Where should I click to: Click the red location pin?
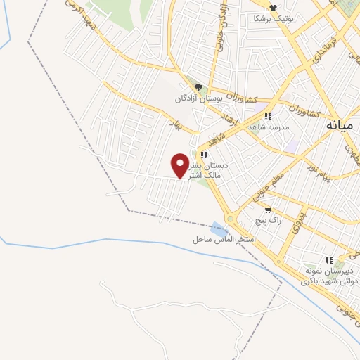coord(180,165)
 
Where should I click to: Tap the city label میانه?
coord(341,125)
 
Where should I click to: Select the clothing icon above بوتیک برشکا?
coord(272,8)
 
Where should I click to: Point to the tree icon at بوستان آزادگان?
coord(199,88)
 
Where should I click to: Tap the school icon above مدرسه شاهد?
coord(267,117)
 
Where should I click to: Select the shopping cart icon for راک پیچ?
coord(267,210)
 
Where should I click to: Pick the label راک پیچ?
coord(268,221)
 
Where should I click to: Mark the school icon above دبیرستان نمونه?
coord(329,260)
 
